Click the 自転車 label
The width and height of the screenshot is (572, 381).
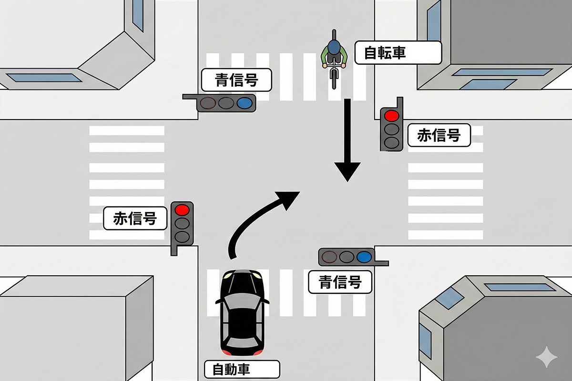(x=398, y=52)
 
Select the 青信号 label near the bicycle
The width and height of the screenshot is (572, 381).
(x=236, y=80)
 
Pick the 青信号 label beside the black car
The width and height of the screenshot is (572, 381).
(x=340, y=282)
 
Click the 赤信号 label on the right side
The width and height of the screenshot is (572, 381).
(x=439, y=136)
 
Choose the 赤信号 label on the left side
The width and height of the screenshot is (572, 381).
(x=135, y=218)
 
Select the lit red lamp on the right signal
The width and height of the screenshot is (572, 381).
(x=391, y=115)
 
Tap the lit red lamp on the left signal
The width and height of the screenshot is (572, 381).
(x=182, y=209)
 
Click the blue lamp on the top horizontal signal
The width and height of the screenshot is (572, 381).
(x=245, y=102)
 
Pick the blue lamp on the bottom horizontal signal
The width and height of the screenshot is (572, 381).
(x=365, y=257)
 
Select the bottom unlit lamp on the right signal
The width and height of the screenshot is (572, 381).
(x=391, y=142)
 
